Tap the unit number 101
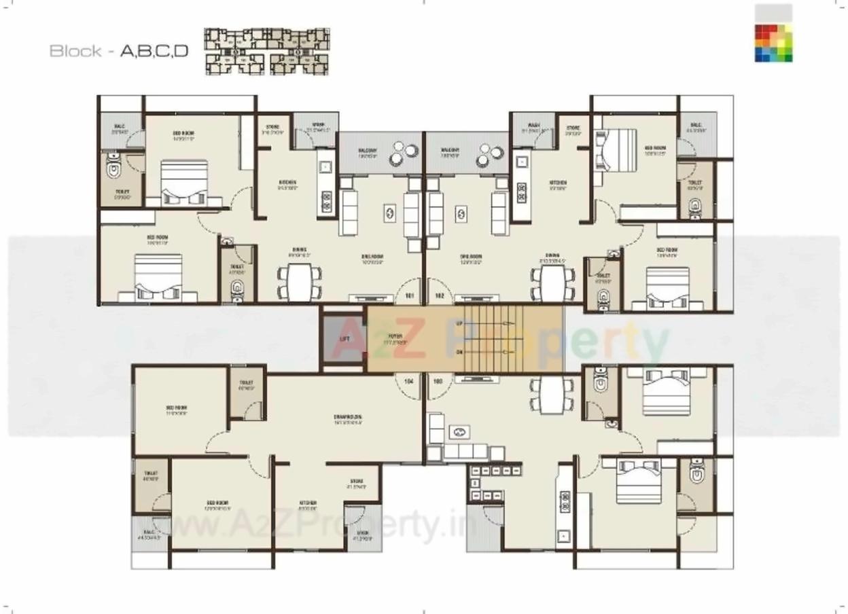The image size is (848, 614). tap(410, 296)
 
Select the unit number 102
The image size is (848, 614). tap(439, 296)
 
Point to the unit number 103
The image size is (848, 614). tap(438, 381)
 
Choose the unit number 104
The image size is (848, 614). tap(409, 381)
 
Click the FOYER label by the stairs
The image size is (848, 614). tap(395, 338)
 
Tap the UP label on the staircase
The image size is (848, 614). tap(459, 324)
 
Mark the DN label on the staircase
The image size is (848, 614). tap(459, 352)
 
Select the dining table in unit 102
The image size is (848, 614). tap(549, 280)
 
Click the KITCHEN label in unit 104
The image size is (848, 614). tap(308, 503)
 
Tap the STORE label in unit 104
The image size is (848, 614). tap(356, 483)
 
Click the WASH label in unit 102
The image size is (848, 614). tap(533, 126)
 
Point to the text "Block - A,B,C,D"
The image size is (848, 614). tap(119, 51)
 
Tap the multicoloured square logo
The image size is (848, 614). tap(773, 43)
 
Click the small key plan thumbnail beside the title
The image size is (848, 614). tap(267, 51)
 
